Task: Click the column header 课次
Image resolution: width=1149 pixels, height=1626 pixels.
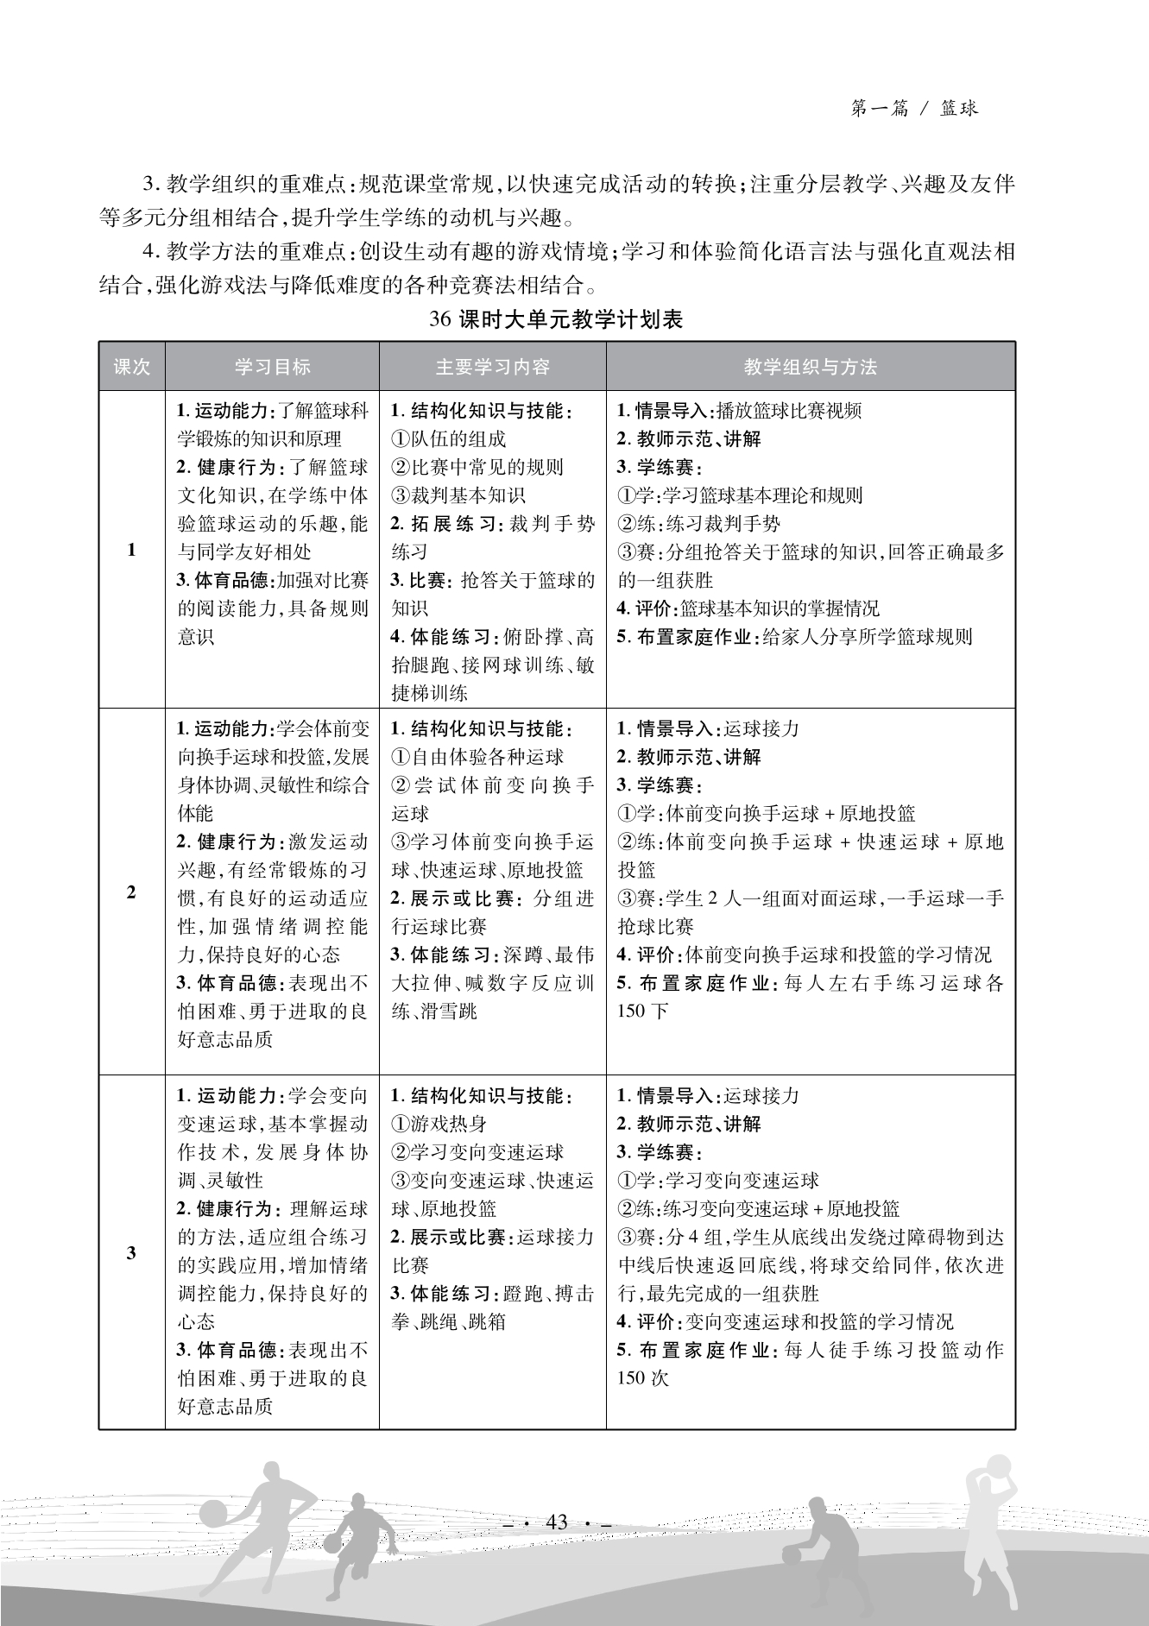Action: (x=131, y=367)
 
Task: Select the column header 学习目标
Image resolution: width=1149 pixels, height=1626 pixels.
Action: (x=272, y=367)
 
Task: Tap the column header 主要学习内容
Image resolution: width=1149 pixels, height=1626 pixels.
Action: (x=492, y=367)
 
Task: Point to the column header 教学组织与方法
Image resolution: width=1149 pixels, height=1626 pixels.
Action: (x=811, y=367)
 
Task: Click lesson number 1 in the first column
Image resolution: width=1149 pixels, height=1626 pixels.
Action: (x=131, y=550)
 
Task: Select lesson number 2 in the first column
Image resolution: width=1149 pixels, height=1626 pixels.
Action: (x=131, y=892)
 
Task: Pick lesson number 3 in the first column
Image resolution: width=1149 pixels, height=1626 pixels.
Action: (x=131, y=1252)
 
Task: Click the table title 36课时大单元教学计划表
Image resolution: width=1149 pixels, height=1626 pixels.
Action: (x=556, y=319)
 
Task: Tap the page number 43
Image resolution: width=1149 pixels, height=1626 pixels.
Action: (x=557, y=1522)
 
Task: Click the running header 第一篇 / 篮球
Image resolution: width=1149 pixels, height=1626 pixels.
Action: (x=914, y=109)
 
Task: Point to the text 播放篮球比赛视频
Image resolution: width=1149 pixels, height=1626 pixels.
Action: (x=789, y=411)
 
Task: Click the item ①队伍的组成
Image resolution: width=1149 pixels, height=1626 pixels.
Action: (x=449, y=439)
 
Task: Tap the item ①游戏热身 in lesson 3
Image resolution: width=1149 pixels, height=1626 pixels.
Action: (x=439, y=1124)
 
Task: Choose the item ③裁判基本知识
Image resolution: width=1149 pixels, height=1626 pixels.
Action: (x=458, y=495)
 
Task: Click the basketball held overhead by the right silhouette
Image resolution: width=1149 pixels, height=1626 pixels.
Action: (x=996, y=1467)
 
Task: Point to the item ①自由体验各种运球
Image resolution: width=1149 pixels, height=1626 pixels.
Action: (x=477, y=757)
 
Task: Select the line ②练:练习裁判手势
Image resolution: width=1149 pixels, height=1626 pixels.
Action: (x=699, y=524)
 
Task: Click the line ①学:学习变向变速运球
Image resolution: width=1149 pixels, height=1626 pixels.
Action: (x=718, y=1180)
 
